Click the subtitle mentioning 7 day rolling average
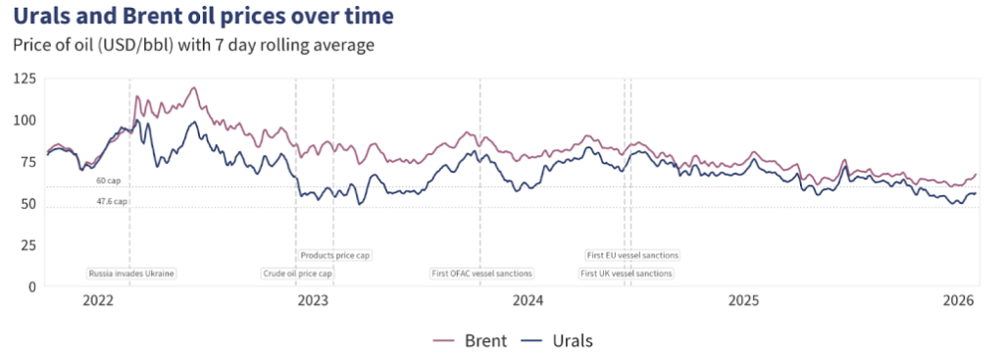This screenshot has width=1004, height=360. (194, 45)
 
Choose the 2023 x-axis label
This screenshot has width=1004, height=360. (313, 299)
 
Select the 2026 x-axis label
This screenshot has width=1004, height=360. (958, 299)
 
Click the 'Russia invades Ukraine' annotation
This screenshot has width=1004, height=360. (131, 274)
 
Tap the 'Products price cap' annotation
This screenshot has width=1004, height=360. (334, 255)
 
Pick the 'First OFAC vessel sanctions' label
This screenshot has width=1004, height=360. (482, 274)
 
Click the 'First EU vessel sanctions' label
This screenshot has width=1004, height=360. (632, 255)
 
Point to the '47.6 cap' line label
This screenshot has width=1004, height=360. (112, 201)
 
